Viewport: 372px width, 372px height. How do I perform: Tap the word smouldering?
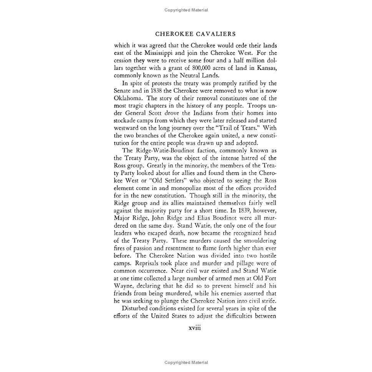pyautogui.click(x=258, y=241)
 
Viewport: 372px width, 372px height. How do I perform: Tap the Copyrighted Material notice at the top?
pyautogui.click(x=186, y=10)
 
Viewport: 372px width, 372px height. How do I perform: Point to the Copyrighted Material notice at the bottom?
pyautogui.click(x=186, y=362)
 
